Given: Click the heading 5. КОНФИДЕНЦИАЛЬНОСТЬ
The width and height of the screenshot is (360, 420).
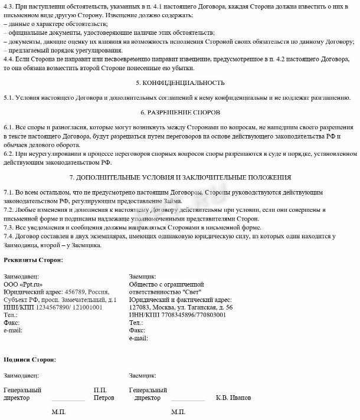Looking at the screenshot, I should point(180,83).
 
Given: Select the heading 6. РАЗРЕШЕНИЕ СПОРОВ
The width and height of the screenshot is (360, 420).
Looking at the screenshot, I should point(180,112).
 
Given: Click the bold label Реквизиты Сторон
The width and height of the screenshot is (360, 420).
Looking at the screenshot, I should point(33,260).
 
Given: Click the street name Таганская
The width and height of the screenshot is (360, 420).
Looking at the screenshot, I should point(202,307).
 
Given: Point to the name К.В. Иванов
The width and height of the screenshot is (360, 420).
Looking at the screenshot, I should point(234,398).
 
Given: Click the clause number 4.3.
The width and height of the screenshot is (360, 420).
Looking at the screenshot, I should point(9,5).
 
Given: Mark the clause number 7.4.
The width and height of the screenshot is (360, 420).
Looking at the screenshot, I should point(9,237).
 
